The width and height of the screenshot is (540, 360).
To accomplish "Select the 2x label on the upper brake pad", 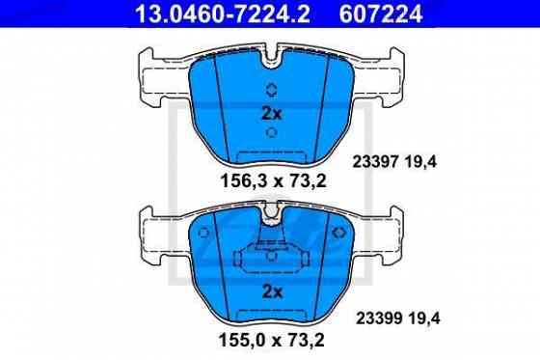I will pyautogui.click(x=271, y=112).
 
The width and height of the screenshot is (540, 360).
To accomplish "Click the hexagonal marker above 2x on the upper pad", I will pyautogui.click(x=271, y=91).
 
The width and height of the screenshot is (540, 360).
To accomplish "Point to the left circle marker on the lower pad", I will pyautogui.click(x=205, y=234).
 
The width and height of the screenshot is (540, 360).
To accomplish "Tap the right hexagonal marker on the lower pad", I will pyautogui.click(x=337, y=234).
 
